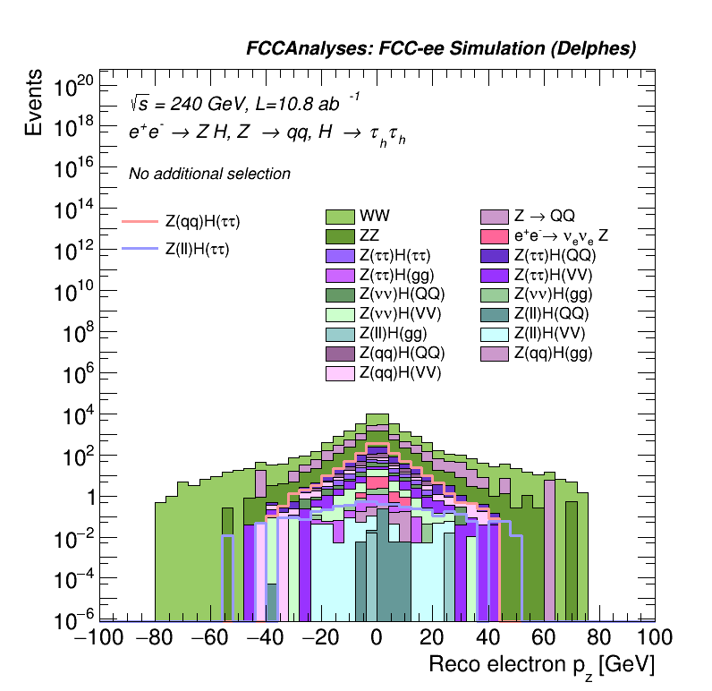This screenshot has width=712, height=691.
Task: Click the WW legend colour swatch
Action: (x=340, y=217)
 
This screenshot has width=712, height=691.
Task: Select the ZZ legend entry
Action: (x=340, y=236)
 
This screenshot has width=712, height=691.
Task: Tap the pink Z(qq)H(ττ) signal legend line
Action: (x=139, y=220)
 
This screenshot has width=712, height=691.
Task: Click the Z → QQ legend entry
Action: (x=495, y=217)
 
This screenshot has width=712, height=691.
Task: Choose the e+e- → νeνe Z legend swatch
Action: (x=495, y=236)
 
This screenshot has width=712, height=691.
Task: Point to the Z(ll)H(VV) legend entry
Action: (x=495, y=333)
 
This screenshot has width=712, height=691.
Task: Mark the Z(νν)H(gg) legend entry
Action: (x=495, y=294)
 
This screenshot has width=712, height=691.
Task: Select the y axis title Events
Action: (x=34, y=102)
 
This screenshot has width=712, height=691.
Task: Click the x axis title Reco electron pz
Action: (x=541, y=666)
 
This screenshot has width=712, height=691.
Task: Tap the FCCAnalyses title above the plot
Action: (x=441, y=50)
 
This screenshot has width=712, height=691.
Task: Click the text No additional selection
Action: (x=209, y=174)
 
